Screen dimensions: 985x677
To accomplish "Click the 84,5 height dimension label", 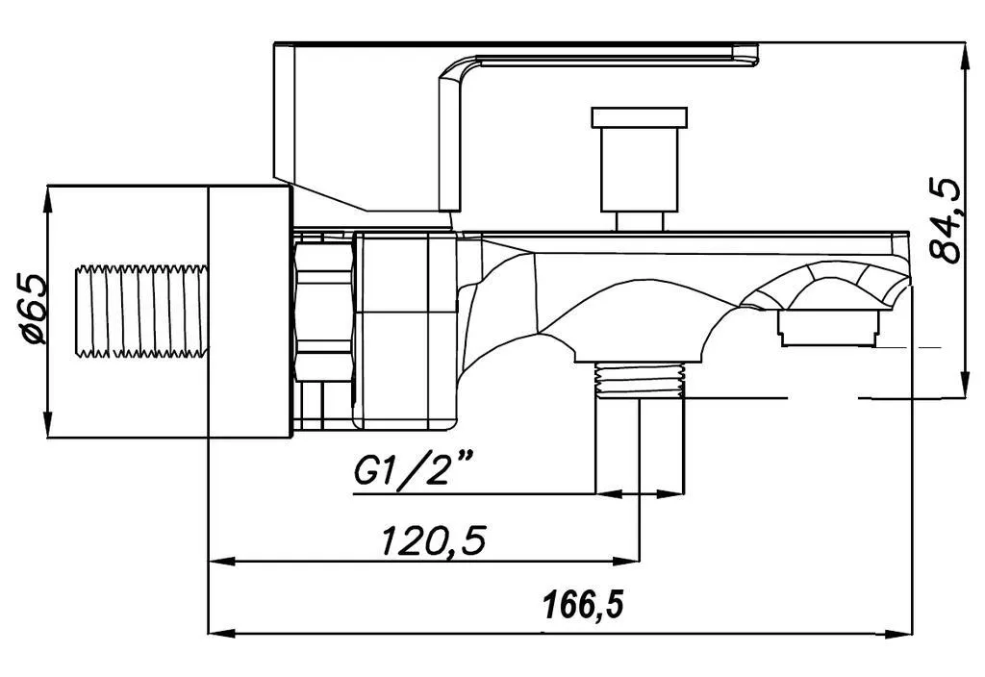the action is pyautogui.click(x=946, y=220).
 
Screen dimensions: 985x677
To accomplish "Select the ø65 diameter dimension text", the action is pyautogui.click(x=33, y=309).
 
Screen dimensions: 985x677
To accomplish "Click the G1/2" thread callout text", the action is pyautogui.click(x=414, y=470).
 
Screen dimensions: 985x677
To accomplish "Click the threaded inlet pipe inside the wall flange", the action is pyautogui.click(x=141, y=312).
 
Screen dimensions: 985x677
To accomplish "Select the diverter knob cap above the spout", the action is pyautogui.click(x=640, y=116).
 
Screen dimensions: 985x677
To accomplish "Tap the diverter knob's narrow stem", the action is pyautogui.click(x=640, y=221).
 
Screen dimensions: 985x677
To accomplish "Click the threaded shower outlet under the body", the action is pyautogui.click(x=640, y=381).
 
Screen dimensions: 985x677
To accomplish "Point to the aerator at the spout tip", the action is pyautogui.click(x=827, y=329).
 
